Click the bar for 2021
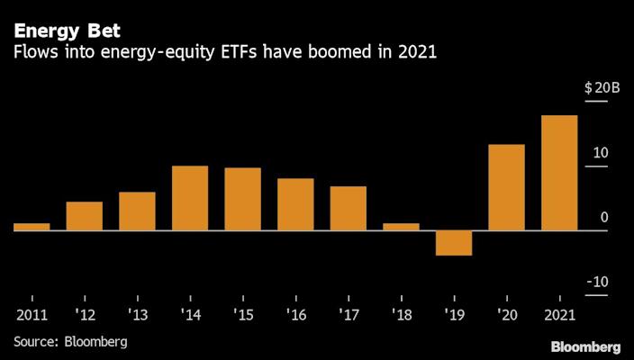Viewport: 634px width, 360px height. pos(559,173)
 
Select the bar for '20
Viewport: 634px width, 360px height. pos(506,187)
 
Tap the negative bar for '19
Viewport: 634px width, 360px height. pos(454,243)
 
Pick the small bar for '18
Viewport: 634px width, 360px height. pos(401,227)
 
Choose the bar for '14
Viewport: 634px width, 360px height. pos(190,198)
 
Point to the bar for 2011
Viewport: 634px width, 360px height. pos(32,227)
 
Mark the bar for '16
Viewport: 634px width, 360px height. pos(295,204)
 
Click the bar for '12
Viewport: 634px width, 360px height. pos(85,216)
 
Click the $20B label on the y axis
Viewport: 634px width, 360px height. pos(602,87)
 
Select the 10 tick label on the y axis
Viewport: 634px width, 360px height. pos(600,152)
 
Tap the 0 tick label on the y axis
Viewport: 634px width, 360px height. pos(603,217)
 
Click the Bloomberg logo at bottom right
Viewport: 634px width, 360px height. pos(585,346)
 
